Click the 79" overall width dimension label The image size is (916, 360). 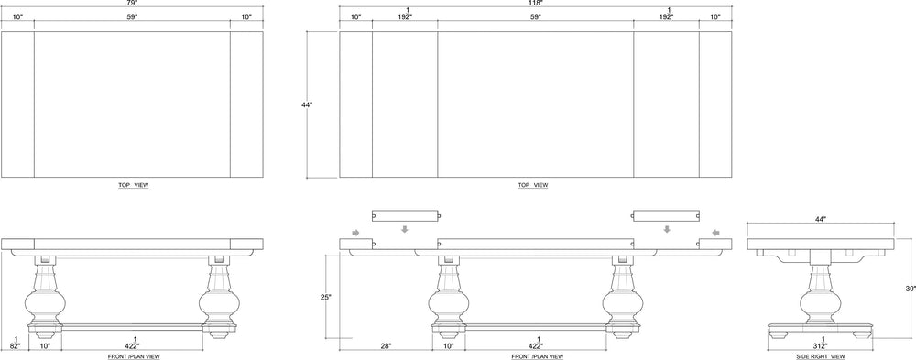tap(132, 4)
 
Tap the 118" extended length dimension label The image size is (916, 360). tap(536, 4)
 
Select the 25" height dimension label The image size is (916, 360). tap(325, 296)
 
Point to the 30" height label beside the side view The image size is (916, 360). tap(910, 288)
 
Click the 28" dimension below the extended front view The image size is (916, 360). tap(386, 345)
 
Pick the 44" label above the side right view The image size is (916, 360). tap(821, 219)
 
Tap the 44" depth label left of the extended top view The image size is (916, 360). tap(307, 105)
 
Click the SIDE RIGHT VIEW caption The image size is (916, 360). tap(820, 356)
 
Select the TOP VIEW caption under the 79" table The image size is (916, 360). tap(134, 185)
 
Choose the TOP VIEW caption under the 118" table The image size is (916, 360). tap(533, 185)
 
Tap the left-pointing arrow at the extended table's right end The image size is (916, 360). tap(718, 231)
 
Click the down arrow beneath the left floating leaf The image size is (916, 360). tap(405, 230)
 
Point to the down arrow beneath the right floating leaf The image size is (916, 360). tap(667, 230)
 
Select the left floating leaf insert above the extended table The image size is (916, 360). tap(406, 215)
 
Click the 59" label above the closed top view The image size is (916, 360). tap(132, 17)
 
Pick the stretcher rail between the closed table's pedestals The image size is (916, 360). tap(132, 323)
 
